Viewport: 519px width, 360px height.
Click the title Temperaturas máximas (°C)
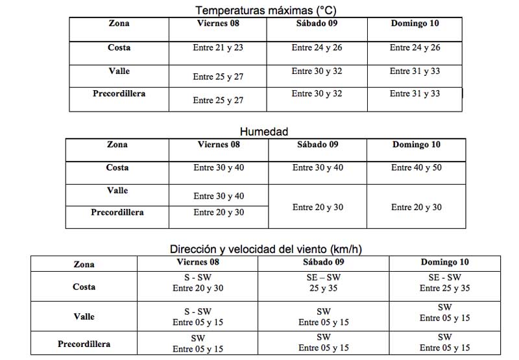point(266,10)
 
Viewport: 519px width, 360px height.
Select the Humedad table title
point(265,132)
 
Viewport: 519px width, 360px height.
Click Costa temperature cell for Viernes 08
point(218,48)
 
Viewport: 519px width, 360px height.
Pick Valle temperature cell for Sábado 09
point(317,71)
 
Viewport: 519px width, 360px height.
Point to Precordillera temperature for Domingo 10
point(415,94)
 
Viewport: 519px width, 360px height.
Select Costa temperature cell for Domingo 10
point(415,48)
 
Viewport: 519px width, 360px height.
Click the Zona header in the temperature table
point(119,24)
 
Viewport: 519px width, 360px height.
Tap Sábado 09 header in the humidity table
point(317,145)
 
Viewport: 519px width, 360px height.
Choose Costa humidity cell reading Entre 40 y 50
point(416,168)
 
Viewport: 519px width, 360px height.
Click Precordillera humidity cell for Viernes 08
point(219,212)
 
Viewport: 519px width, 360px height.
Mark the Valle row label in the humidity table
point(117,191)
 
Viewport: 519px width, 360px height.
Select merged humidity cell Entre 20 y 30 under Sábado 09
point(318,208)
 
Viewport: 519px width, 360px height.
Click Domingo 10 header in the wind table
point(444,263)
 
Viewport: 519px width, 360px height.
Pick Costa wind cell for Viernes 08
point(198,283)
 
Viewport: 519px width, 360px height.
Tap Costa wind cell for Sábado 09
point(324,283)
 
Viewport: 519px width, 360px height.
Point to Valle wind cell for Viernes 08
point(198,317)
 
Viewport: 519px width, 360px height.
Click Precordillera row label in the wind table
point(84,344)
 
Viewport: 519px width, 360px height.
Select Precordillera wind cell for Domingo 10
point(444,343)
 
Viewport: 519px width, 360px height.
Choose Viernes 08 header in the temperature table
point(218,24)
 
